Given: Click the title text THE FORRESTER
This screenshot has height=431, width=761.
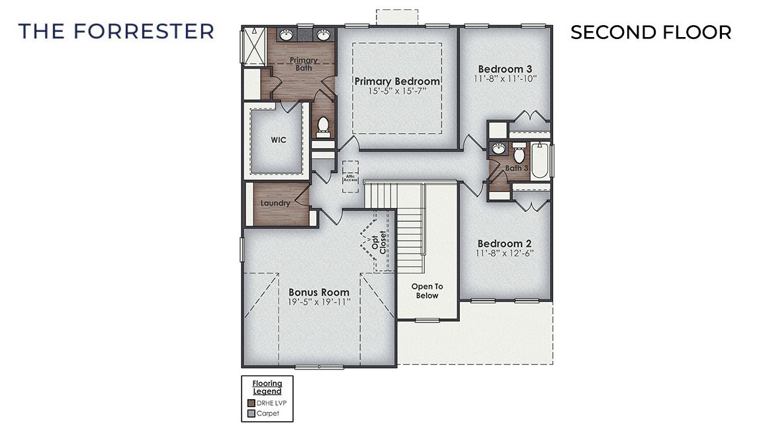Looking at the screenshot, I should tap(116, 31).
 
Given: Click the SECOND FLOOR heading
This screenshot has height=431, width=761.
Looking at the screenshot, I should tap(650, 32).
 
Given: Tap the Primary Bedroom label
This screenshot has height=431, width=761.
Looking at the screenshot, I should tap(397, 81).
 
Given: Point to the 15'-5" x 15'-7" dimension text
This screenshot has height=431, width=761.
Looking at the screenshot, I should tap(397, 91).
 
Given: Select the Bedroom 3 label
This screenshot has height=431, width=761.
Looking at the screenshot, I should tap(505, 69).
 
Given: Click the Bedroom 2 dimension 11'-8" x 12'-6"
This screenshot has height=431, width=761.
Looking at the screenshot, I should tap(505, 253).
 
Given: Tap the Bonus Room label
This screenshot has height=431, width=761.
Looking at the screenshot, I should tap(319, 292).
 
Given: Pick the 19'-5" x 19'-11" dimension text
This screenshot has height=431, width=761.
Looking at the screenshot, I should tap(319, 302).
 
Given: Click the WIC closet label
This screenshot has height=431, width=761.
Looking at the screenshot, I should tap(278, 140).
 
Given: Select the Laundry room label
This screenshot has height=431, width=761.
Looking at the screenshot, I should tap(275, 203).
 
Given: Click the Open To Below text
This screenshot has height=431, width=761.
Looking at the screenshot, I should tap(427, 291).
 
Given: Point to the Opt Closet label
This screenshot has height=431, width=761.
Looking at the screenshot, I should tap(379, 242).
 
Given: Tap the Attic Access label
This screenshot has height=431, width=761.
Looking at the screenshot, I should tap(349, 177).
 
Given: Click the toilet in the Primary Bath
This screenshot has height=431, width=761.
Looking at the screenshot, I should tap(324, 126).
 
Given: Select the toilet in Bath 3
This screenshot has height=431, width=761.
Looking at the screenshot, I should tap(519, 155).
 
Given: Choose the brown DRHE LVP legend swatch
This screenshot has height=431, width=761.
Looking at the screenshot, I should tap(251, 403).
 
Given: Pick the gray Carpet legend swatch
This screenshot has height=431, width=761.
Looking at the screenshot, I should tap(251, 413).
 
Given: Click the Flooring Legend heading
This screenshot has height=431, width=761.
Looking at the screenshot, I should tap(267, 387).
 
